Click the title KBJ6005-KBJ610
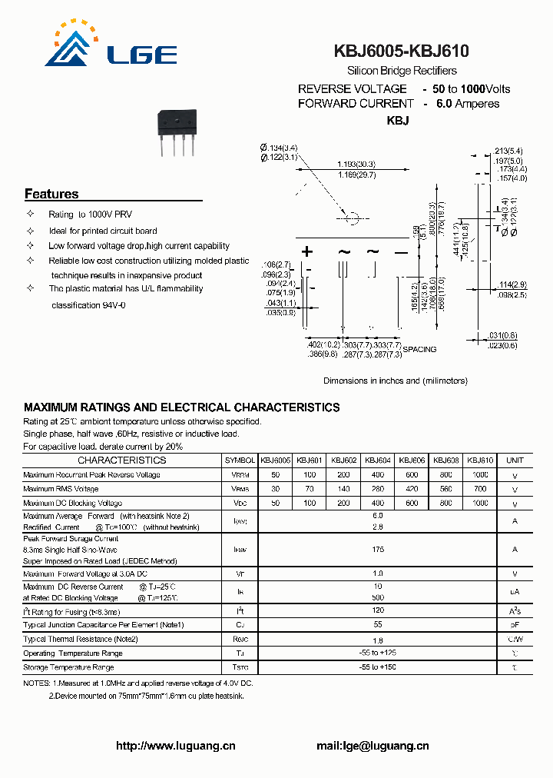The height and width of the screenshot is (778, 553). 401,52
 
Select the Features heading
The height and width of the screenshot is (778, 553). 51,194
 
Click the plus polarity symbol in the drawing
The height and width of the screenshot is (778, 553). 307,251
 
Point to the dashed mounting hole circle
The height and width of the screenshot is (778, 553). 352,218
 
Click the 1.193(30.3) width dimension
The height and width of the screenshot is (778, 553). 356,165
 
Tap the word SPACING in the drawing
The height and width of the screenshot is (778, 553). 419,349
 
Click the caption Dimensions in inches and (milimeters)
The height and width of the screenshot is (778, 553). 395,381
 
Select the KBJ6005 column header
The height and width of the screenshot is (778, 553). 276,460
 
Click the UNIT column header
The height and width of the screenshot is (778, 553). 515,460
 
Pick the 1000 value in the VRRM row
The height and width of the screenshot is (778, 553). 480,475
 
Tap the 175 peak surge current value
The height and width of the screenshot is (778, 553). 377,550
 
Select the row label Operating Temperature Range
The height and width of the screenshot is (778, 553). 73,653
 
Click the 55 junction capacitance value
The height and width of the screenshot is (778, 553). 377,625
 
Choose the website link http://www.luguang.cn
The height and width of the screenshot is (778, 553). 175,746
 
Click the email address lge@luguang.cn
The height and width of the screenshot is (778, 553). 382,746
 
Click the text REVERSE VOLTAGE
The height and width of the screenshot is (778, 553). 352,89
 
